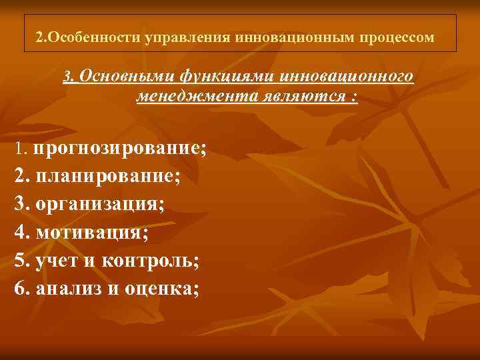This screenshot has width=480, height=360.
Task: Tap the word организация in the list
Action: coord(100,205)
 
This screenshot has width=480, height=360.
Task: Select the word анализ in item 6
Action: coord(65,289)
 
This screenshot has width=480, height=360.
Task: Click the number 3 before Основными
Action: coord(67,77)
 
